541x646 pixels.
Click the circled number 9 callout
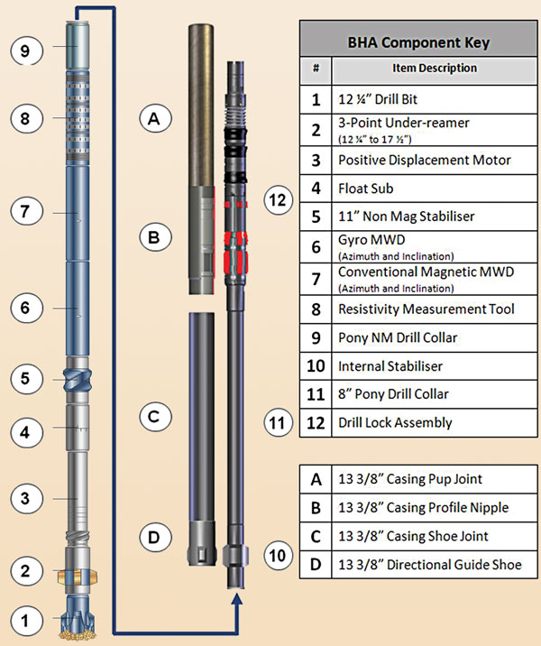(26, 51)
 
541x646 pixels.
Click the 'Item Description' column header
(435, 68)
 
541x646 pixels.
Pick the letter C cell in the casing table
(316, 536)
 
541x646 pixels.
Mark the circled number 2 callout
(26, 570)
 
